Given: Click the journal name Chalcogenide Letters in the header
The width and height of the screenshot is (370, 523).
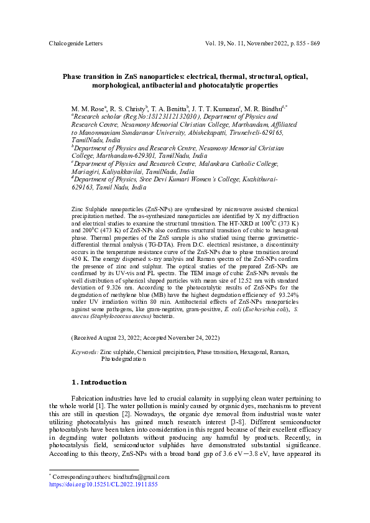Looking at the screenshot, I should point(75,43).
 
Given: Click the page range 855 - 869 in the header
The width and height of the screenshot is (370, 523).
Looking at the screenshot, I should point(302,43).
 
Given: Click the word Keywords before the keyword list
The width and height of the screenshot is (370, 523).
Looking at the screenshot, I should point(85,352).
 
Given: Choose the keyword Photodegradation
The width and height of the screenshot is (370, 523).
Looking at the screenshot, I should point(123,358).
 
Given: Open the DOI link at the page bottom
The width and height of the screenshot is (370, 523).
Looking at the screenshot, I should point(103,484).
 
